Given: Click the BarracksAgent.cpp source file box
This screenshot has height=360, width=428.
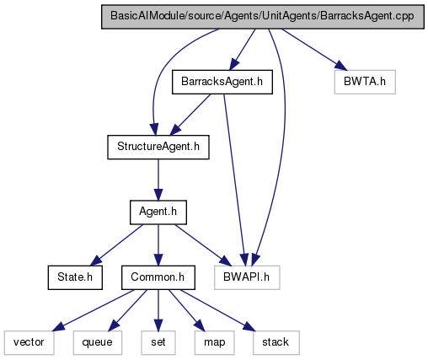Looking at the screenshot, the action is (x=263, y=17).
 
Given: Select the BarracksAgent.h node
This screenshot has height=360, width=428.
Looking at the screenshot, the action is (x=222, y=82).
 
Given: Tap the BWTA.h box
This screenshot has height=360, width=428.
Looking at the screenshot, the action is (x=365, y=82).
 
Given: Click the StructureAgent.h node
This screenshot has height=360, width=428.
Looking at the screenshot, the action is (x=158, y=147).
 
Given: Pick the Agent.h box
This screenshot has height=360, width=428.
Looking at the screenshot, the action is (x=158, y=212).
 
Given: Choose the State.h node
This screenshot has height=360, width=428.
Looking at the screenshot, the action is (x=75, y=277).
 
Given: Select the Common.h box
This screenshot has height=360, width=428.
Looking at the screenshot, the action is (x=158, y=277).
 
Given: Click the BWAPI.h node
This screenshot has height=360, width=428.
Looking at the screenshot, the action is (x=247, y=277).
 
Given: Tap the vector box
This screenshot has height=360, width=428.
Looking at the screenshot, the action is (x=29, y=342).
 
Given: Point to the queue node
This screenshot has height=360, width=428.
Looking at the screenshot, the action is (x=98, y=342).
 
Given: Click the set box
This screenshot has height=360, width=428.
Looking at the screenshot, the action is (x=158, y=342).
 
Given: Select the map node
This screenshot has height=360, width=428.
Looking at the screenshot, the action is (x=214, y=342).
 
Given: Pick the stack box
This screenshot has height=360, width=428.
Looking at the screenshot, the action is (x=276, y=342).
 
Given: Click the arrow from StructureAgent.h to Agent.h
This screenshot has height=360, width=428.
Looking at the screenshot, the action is (x=158, y=180).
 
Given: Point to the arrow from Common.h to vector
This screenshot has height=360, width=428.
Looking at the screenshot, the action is (x=94, y=310).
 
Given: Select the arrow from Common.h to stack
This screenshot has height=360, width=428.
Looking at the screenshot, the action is (x=218, y=310).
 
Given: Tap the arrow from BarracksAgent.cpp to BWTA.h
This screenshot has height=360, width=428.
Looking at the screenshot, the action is (x=314, y=50).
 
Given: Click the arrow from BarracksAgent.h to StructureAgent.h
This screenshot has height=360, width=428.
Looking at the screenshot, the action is (x=190, y=115).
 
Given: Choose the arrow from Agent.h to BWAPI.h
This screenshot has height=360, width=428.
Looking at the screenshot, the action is (x=203, y=244).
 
